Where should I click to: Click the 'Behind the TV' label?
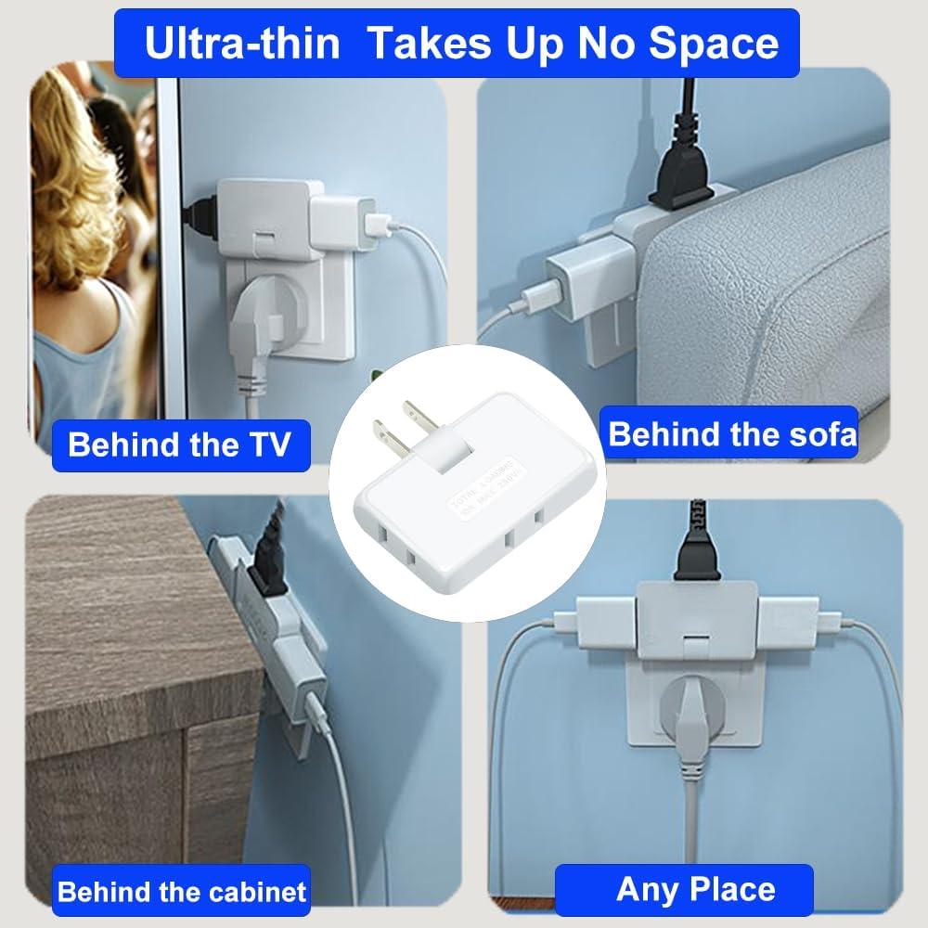coord(179,444)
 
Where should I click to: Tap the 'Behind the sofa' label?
coord(732,432)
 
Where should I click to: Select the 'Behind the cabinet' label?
coord(181,893)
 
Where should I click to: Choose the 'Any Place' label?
coord(695,889)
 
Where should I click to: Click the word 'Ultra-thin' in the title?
coord(244,44)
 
